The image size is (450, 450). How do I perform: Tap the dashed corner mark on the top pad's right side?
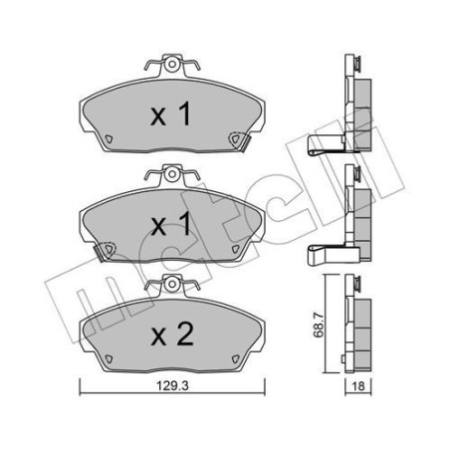tap(237, 140)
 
